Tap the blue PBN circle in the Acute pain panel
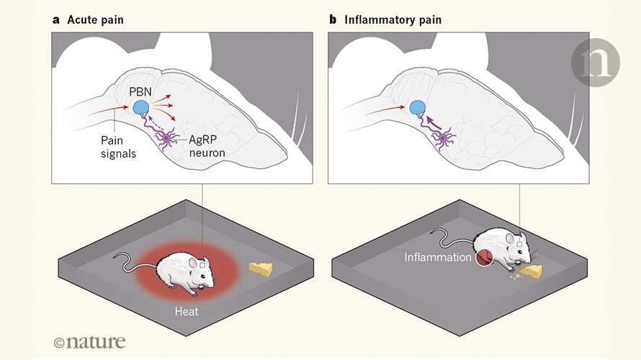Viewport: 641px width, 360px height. coord(140,109)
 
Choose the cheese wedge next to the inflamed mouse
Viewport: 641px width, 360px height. coord(534,271)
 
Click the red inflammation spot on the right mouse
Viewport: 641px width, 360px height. coord(483,257)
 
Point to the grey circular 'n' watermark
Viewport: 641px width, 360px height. coord(595,64)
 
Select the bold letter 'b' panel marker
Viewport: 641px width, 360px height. coord(333,19)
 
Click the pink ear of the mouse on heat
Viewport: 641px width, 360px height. coord(194,264)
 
